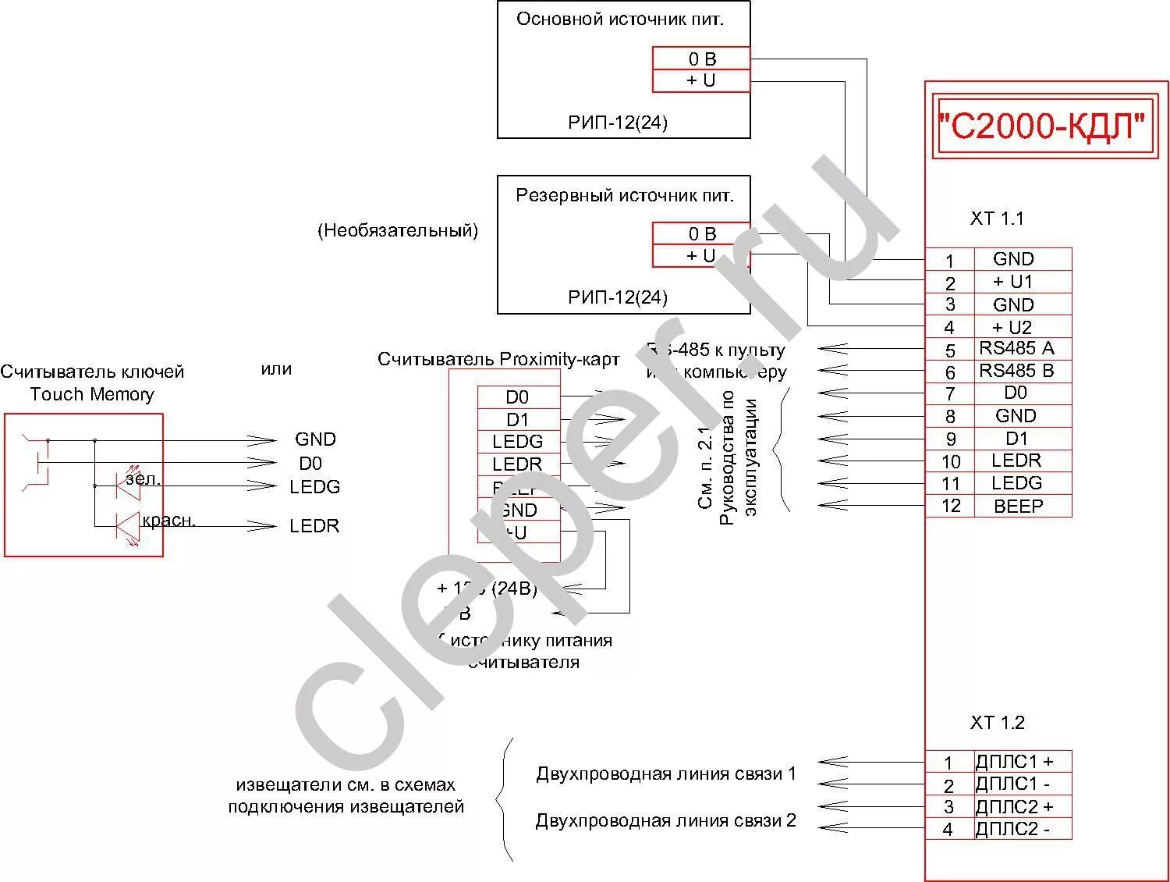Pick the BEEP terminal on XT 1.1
1018,506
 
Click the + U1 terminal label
1012,281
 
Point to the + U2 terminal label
1012,327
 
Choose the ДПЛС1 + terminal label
1014,761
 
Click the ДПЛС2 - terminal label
1012,829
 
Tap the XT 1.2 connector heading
997,723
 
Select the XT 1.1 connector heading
997,219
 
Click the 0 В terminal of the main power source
701,59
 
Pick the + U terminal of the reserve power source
700,255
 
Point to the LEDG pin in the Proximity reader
517,442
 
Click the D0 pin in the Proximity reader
517,397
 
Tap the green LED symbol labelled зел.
127,485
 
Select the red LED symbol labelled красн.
127,526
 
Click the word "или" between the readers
276,368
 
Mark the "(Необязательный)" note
398,230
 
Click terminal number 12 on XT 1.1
950,506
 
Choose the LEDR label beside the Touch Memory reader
314,526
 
